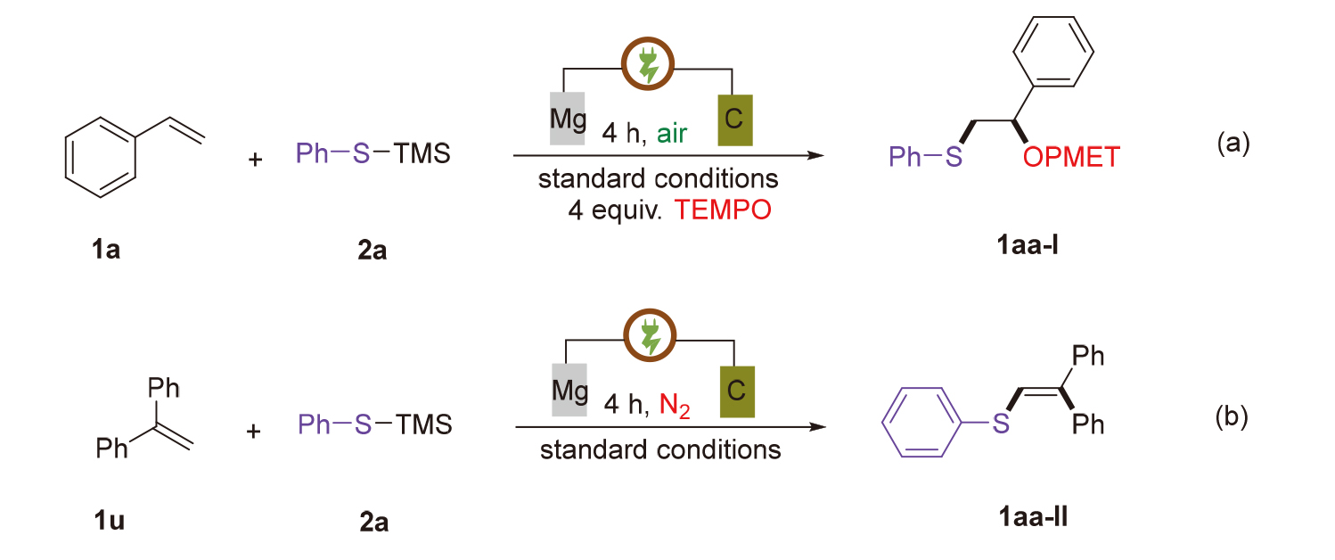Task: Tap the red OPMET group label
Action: coord(1070,158)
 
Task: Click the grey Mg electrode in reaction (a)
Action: coord(568,117)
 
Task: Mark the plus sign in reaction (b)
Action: coord(257,432)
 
